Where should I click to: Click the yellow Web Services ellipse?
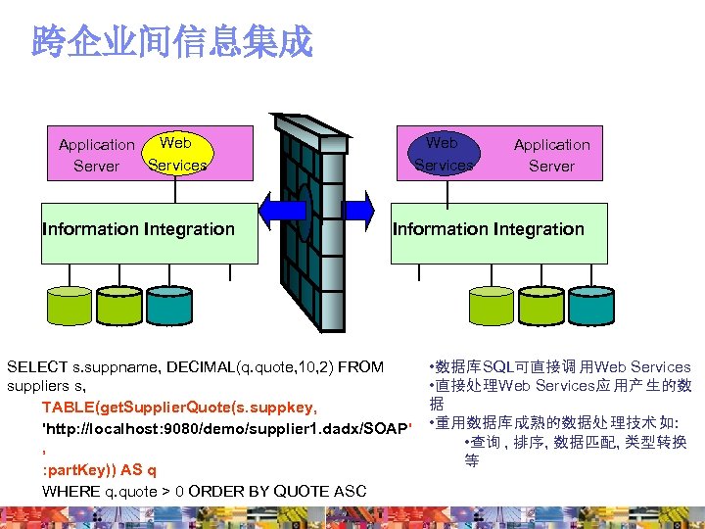click(176, 154)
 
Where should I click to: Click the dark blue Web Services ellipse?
click(443, 154)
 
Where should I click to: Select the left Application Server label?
click(96, 155)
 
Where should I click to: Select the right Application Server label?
click(551, 155)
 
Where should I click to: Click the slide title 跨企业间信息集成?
click(171, 41)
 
